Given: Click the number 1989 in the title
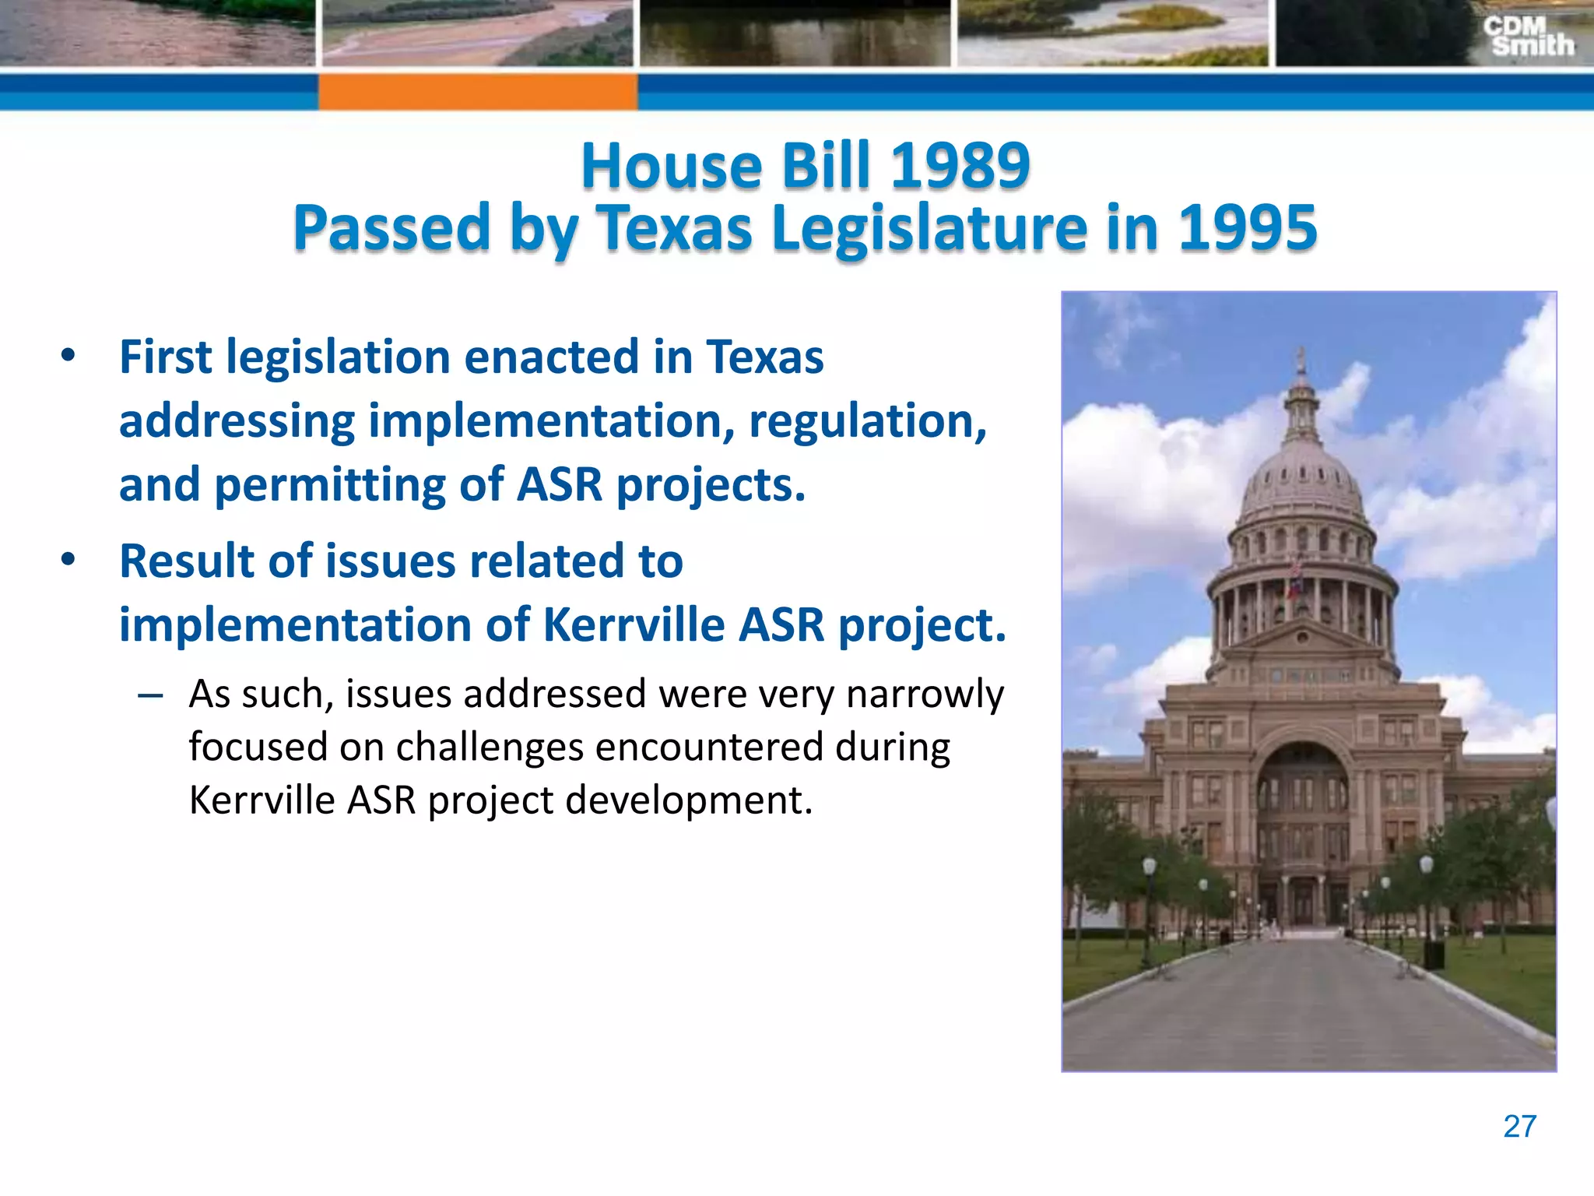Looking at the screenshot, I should coord(960,166).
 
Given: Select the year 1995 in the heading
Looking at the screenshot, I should coord(1247,228).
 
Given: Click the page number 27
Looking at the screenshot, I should coord(1519,1126).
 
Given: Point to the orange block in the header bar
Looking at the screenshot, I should coord(477,91).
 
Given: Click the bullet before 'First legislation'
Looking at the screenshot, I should coord(68,356).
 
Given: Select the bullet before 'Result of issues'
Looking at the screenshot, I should coord(68,560).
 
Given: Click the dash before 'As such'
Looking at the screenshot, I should coord(149,695).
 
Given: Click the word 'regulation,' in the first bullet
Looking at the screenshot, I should coord(867,421).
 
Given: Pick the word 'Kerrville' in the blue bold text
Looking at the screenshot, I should coord(634,624).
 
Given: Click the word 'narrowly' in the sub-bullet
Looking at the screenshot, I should coord(925,694).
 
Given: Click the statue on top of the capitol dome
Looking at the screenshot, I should coord(1300,361).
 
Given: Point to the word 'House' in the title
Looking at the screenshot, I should coord(672,166).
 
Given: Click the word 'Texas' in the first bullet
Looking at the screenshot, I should coord(764,357).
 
